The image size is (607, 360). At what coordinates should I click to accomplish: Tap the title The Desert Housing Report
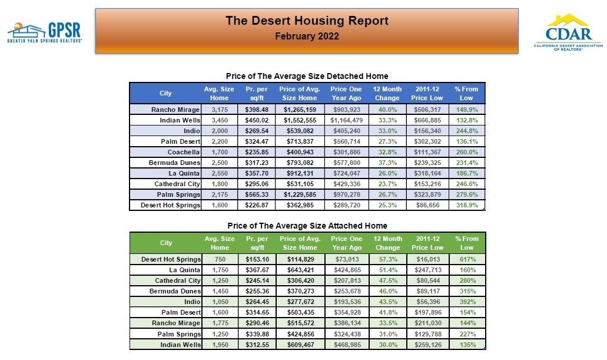pos(307,21)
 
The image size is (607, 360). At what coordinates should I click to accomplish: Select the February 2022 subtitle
pos(307,36)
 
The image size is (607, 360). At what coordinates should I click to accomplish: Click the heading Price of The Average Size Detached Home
pos(307,76)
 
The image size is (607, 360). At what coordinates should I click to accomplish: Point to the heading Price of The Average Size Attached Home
pos(307,226)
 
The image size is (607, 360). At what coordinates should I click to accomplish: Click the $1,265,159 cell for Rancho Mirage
pos(300,110)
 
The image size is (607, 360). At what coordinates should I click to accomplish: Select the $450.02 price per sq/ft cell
pos(256,120)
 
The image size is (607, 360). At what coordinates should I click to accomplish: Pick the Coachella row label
pos(184,151)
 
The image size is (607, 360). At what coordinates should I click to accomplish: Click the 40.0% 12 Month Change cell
pos(387,110)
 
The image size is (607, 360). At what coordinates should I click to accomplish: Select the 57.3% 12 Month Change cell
pos(387,259)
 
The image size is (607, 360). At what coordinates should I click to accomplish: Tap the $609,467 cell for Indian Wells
pos(300,345)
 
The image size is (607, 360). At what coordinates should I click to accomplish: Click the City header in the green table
pos(166,243)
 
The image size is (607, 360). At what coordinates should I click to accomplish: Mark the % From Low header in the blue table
pos(466,93)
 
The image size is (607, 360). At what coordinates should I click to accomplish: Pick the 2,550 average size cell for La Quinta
pos(219,173)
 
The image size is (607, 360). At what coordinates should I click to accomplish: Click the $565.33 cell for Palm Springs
pos(256,194)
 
